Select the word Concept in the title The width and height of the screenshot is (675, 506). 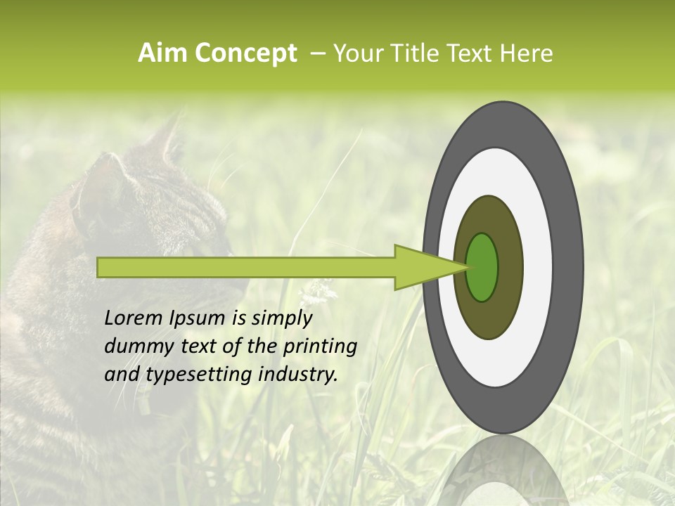(246, 53)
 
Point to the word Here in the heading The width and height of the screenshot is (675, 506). (527, 53)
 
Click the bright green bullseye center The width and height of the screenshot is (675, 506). (482, 267)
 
